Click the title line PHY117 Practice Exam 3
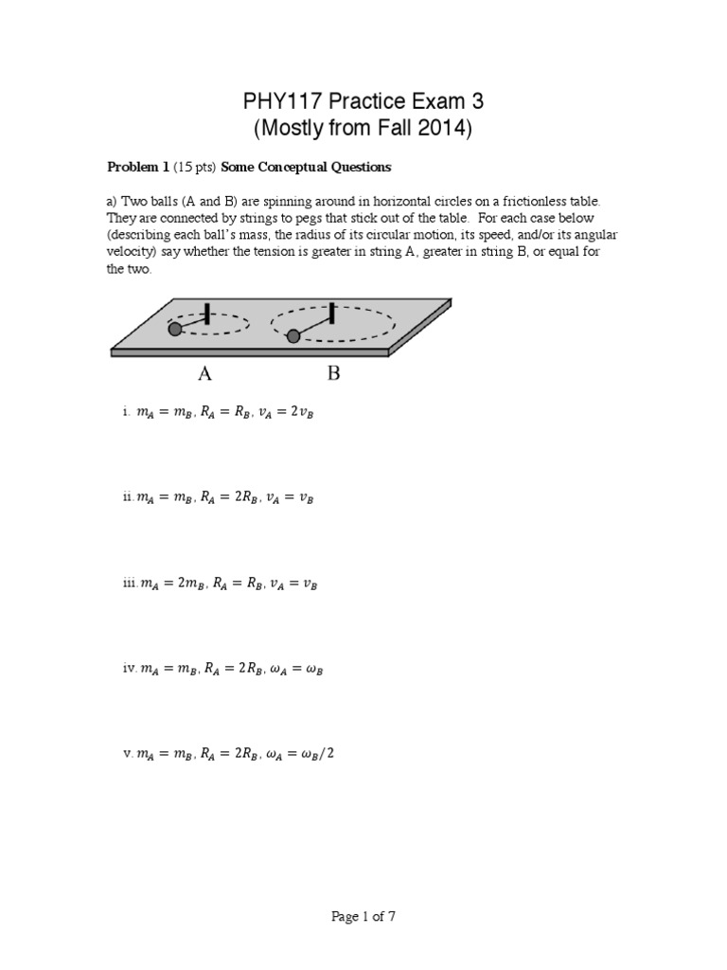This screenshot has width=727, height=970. [363, 101]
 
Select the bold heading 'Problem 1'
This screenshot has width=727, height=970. [137, 167]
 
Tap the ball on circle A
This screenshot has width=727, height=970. [175, 330]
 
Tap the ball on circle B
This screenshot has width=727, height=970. [293, 335]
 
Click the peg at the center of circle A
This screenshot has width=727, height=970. [206, 314]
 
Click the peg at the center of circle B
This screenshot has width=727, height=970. [332, 312]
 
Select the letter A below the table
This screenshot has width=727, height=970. [204, 373]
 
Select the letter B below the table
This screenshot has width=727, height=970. [333, 373]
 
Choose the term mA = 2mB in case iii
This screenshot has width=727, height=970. [172, 584]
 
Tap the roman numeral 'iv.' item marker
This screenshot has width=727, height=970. [130, 670]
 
